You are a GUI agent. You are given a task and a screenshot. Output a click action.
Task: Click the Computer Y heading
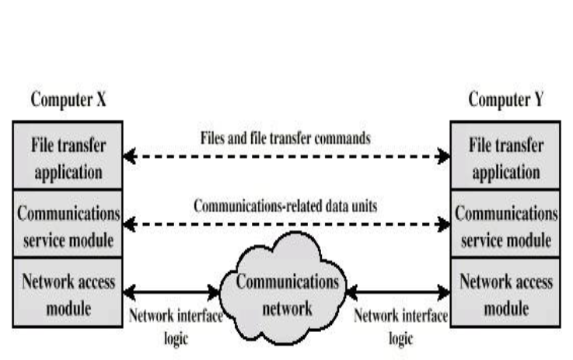(506, 101)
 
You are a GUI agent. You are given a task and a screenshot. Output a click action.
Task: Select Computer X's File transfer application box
(66, 158)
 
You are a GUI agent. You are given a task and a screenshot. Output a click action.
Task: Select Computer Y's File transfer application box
(506, 158)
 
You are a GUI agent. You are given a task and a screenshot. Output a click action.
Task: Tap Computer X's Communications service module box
(66, 226)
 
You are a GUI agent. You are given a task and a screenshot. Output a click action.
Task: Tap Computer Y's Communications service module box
(506, 226)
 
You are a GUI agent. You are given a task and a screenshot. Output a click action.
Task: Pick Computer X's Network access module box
(66, 294)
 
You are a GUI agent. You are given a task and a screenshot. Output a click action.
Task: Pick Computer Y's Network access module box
(506, 294)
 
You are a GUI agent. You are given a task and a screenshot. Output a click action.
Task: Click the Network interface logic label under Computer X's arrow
(175, 327)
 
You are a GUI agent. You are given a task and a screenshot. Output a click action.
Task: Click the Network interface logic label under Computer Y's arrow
(400, 327)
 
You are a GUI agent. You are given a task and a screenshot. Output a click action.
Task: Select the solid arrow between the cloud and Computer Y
(398, 292)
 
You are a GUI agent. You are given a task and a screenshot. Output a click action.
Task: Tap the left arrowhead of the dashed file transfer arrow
(129, 157)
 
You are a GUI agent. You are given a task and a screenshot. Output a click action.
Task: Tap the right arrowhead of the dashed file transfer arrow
(444, 157)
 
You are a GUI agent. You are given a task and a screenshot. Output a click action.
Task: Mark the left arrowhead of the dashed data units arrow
(129, 225)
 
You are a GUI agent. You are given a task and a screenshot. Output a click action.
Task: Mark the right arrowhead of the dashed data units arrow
(444, 225)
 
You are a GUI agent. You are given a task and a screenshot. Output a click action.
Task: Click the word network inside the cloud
(287, 307)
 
